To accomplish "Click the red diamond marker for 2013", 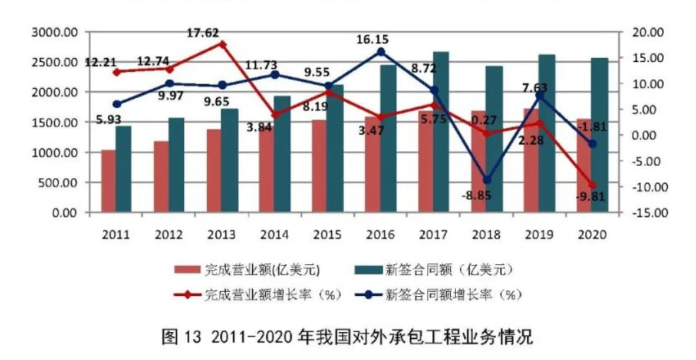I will [223, 44].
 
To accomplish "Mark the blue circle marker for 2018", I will [487, 181].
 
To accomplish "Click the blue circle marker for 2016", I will [381, 51].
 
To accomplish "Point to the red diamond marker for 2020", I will [592, 185].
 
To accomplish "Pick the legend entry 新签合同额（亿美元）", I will [449, 269].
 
